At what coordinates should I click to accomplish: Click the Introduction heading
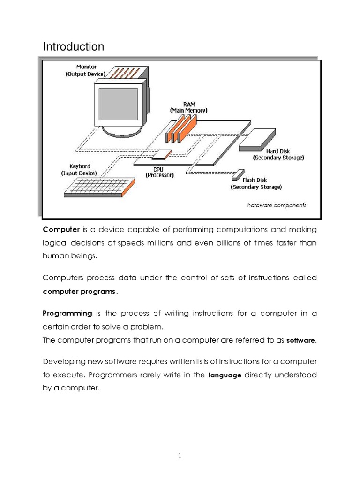(x=73, y=47)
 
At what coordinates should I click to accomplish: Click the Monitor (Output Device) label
(x=85, y=70)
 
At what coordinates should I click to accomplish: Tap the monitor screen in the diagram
(x=118, y=104)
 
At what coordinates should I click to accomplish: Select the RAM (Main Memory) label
(x=188, y=107)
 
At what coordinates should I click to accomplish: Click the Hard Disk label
(x=278, y=154)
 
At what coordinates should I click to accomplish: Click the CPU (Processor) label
(x=159, y=172)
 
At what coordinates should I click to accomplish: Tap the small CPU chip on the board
(x=162, y=154)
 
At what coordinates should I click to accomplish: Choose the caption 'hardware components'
(x=277, y=205)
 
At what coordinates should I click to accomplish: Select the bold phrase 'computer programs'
(x=79, y=291)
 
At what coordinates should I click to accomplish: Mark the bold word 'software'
(x=301, y=341)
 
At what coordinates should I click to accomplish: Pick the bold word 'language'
(x=225, y=375)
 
